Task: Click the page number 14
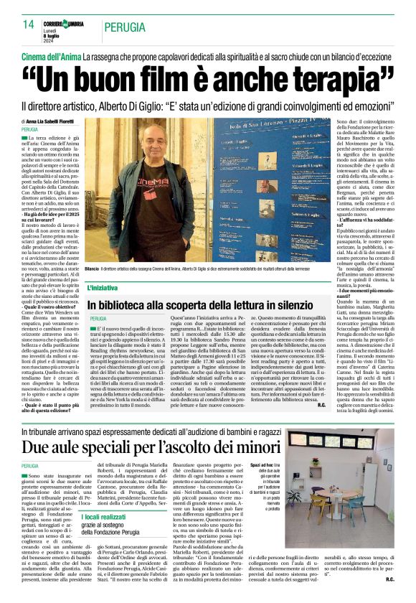29,25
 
